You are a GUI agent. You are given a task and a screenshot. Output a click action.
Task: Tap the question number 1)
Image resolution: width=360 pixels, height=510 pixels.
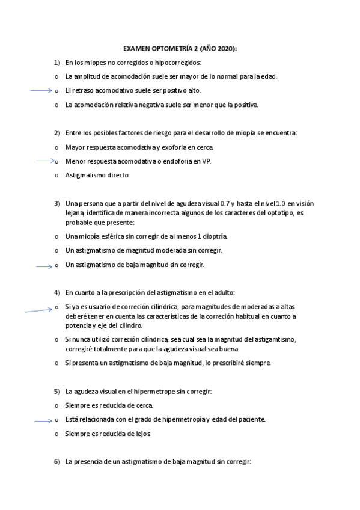click(57, 62)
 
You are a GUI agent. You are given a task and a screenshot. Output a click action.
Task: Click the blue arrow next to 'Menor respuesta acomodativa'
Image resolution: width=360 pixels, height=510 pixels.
click(45, 161)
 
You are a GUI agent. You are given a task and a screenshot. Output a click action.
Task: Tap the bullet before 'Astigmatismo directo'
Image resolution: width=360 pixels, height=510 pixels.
click(56, 176)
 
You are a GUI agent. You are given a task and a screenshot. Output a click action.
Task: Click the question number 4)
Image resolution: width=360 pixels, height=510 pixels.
click(57, 292)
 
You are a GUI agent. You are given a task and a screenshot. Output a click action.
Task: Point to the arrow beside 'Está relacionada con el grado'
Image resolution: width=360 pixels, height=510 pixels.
click(43, 420)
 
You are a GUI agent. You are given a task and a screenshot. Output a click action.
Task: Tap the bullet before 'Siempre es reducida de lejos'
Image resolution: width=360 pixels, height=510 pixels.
click(56, 434)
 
